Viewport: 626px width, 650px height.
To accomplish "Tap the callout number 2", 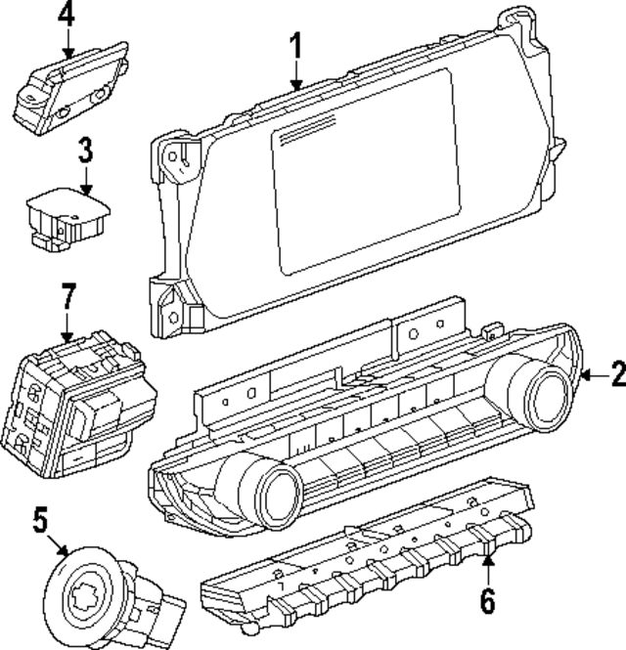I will (x=615, y=373).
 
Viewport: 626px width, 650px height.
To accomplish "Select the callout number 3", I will (x=86, y=151).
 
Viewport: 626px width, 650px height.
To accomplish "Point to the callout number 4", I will (x=66, y=14).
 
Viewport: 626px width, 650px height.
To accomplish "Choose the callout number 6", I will (x=488, y=599).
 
